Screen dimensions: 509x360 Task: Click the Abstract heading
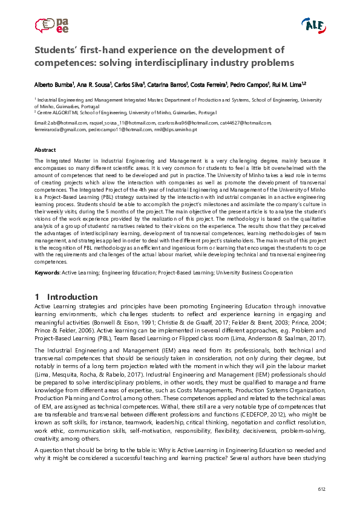pyautogui.click(x=45, y=149)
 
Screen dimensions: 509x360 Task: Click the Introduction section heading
pyautogui.click(x=72, y=297)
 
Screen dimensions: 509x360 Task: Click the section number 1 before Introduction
pyautogui.click(x=37, y=297)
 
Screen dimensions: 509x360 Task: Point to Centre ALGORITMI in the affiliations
pyautogui.click(x=59, y=113)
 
